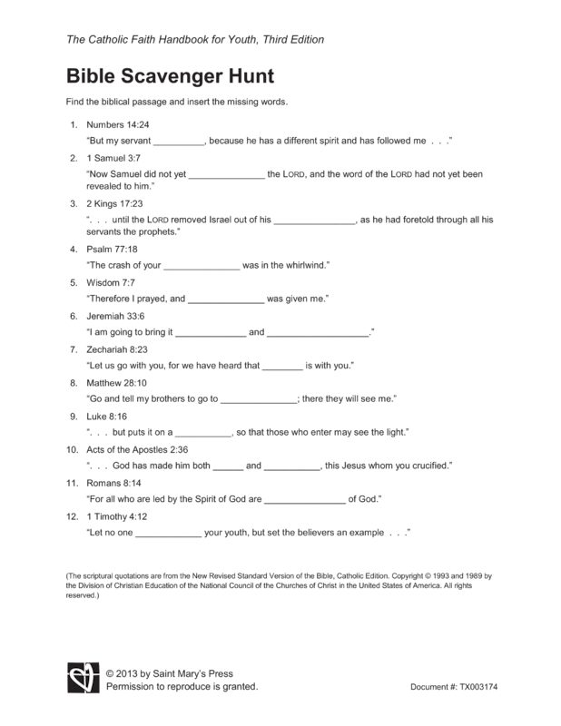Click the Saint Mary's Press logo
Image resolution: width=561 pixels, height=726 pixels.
(x=81, y=678)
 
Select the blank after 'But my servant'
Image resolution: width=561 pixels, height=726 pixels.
(x=180, y=142)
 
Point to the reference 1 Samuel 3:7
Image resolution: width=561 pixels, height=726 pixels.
(x=113, y=158)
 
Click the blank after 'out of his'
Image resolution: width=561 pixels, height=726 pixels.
(x=314, y=220)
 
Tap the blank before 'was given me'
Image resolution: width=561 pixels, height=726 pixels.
(x=226, y=299)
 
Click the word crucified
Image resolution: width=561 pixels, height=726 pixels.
(x=428, y=466)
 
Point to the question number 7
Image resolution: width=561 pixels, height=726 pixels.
(x=73, y=348)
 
